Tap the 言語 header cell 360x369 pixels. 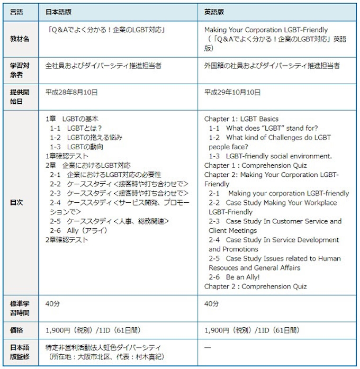pyautogui.click(x=18, y=11)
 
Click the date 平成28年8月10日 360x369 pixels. pyautogui.click(x=71, y=92)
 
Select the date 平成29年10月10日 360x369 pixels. pyautogui.click(x=232, y=92)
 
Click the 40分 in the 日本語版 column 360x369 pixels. pyautogui.click(x=52, y=304)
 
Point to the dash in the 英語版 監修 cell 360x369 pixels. pyautogui.click(x=208, y=347)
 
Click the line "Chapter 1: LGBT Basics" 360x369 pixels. pyautogui.click(x=241, y=119)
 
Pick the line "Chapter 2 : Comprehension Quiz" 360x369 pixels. pyautogui.click(x=255, y=286)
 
